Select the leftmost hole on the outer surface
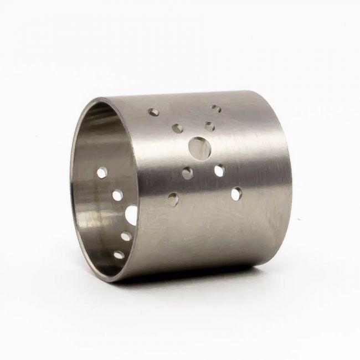pos(154,112)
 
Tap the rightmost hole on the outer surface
pos(236,193)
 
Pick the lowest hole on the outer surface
pos(173,199)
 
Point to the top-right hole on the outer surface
pos(216,109)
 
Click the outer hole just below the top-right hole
pos(209,126)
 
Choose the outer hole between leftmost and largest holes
pos(177,128)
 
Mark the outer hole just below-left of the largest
pos(187,173)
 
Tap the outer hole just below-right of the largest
pos(219,171)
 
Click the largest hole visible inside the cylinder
pos(132,215)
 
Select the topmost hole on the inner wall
pos(102,173)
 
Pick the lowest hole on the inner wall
pos(119,255)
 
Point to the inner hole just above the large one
pos(117,195)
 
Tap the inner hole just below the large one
pos(126,236)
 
